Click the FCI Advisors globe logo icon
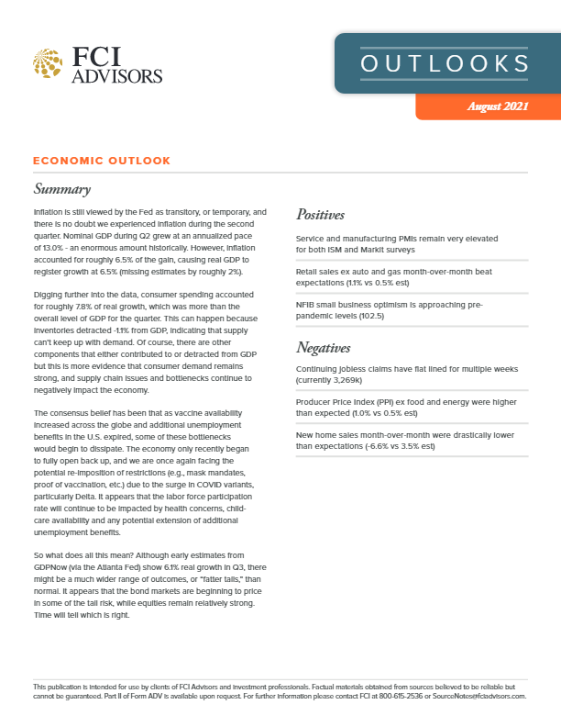(47, 63)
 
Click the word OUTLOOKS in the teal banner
(445, 63)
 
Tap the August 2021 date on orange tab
(497, 106)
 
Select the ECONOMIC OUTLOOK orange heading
(101, 161)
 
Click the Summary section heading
(61, 190)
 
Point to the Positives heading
(320, 215)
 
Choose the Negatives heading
(324, 348)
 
